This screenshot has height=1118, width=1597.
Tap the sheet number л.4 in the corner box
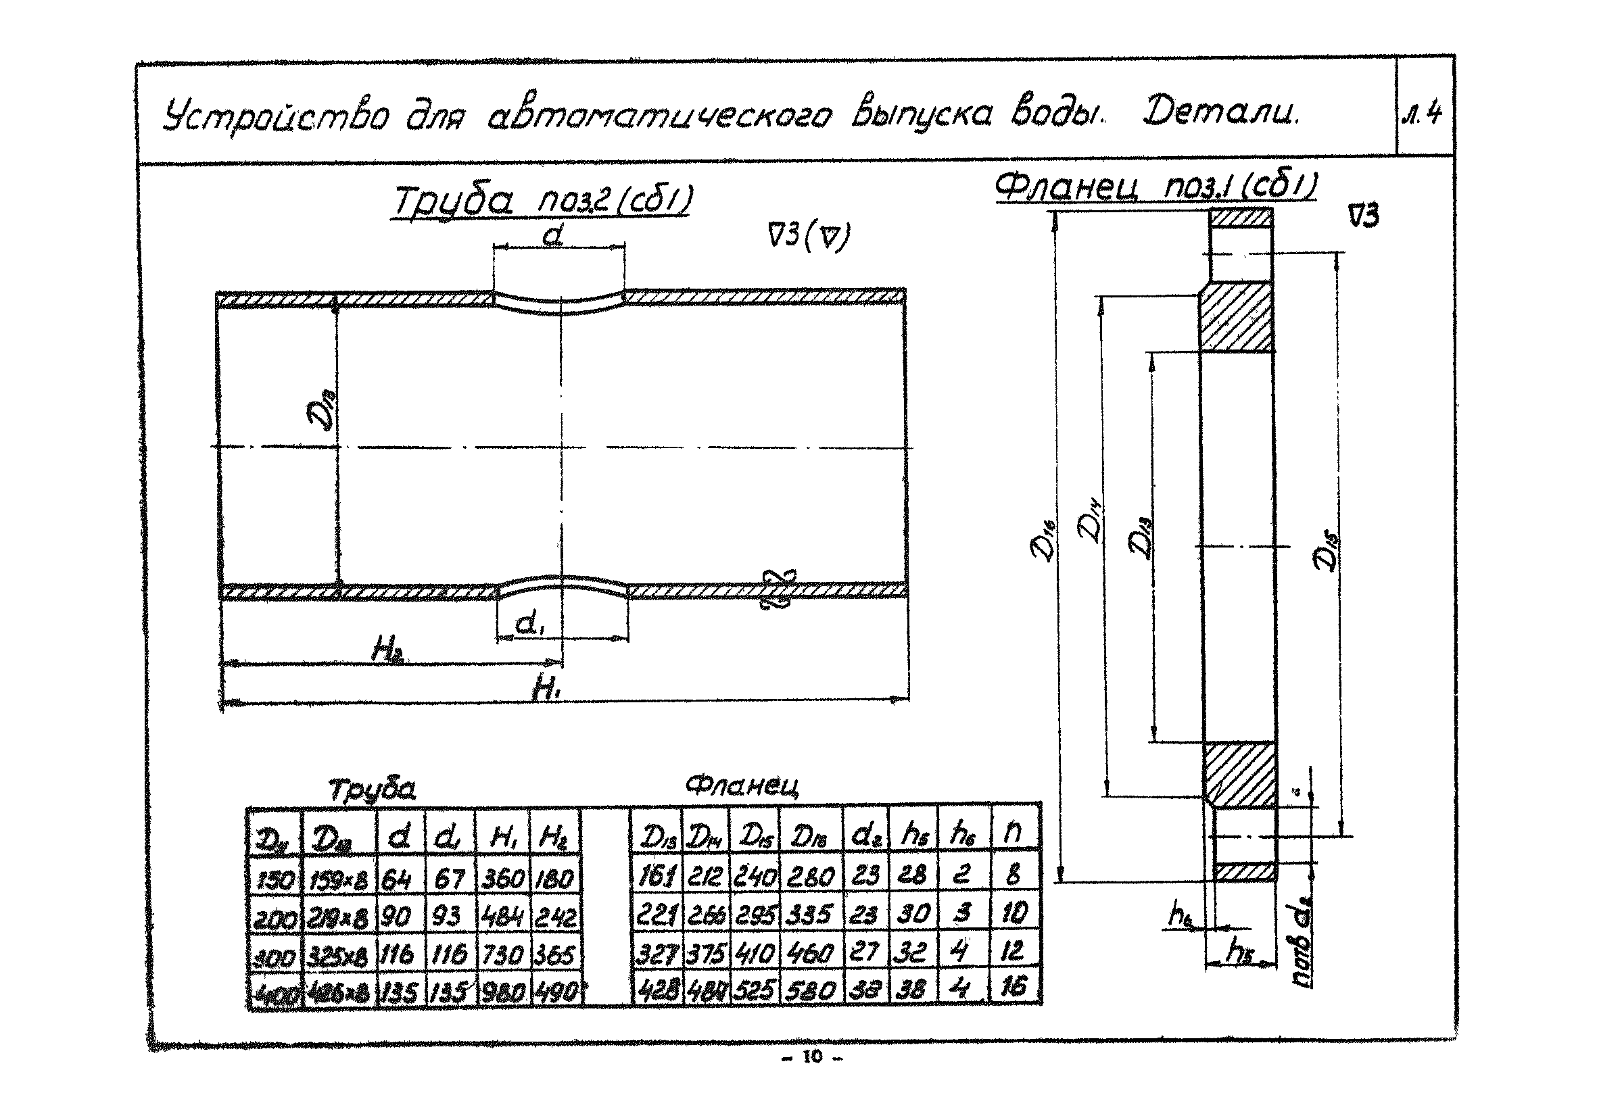[x=1424, y=114]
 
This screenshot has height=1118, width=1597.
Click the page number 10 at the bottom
[x=812, y=1058]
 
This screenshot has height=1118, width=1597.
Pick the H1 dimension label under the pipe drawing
[x=546, y=688]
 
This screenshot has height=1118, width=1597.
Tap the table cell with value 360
[x=502, y=879]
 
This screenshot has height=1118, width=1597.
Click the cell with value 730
[x=502, y=954]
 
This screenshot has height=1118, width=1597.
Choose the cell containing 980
[x=502, y=992]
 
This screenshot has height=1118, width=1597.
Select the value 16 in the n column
[x=1014, y=988]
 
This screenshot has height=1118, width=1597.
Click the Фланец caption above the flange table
[x=742, y=785]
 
